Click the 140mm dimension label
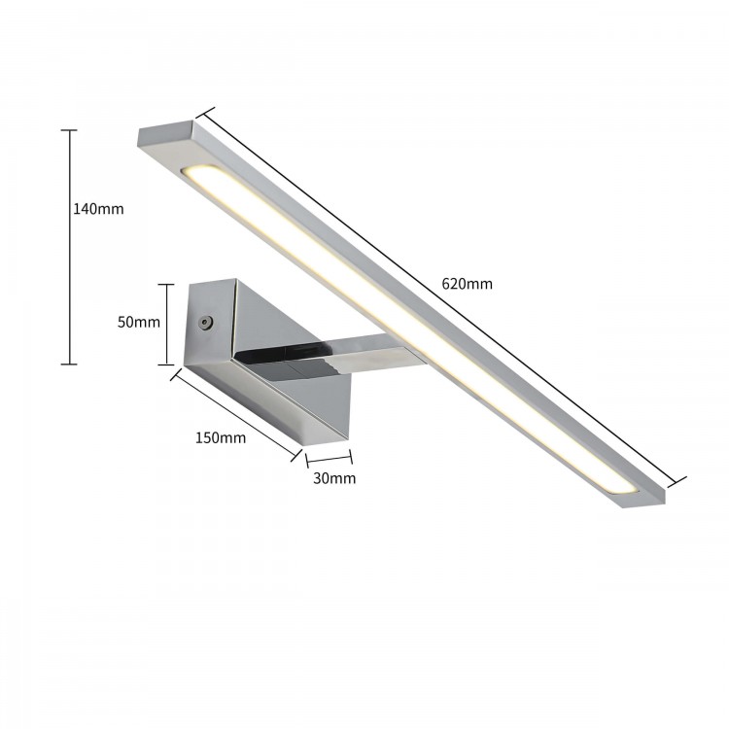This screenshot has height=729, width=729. point(98,208)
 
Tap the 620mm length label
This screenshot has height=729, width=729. point(467,284)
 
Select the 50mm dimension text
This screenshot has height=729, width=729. point(138,323)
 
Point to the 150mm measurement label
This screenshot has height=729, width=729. point(221,437)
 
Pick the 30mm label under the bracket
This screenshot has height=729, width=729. point(334,477)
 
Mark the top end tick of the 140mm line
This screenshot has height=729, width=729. point(69,130)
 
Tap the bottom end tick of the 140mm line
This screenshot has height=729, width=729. point(69,364)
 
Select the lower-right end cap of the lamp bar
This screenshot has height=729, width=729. point(642,497)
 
